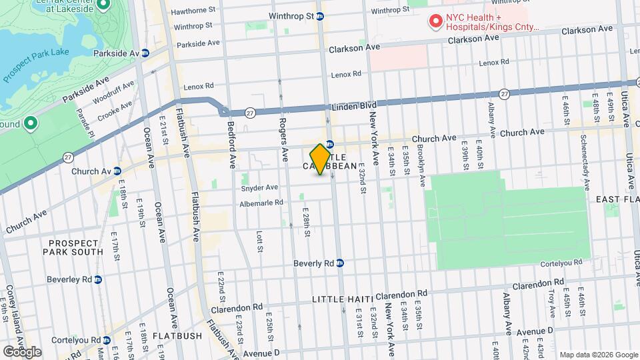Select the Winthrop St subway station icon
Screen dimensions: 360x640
pyautogui.click(x=321, y=16)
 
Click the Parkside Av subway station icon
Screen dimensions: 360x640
pyautogui.click(x=145, y=53)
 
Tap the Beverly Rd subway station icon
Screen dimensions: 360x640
pyautogui.click(x=340, y=263)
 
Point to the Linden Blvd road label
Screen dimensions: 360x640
pyautogui.click(x=355, y=106)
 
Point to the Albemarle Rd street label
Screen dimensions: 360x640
pyautogui.click(x=263, y=203)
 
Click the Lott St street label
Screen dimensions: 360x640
pyautogui.click(x=259, y=242)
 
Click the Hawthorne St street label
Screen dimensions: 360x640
pyautogui.click(x=193, y=11)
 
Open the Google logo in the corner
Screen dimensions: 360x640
pyautogui.click(x=22, y=351)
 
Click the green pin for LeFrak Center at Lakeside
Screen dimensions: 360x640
pyautogui.click(x=103, y=6)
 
